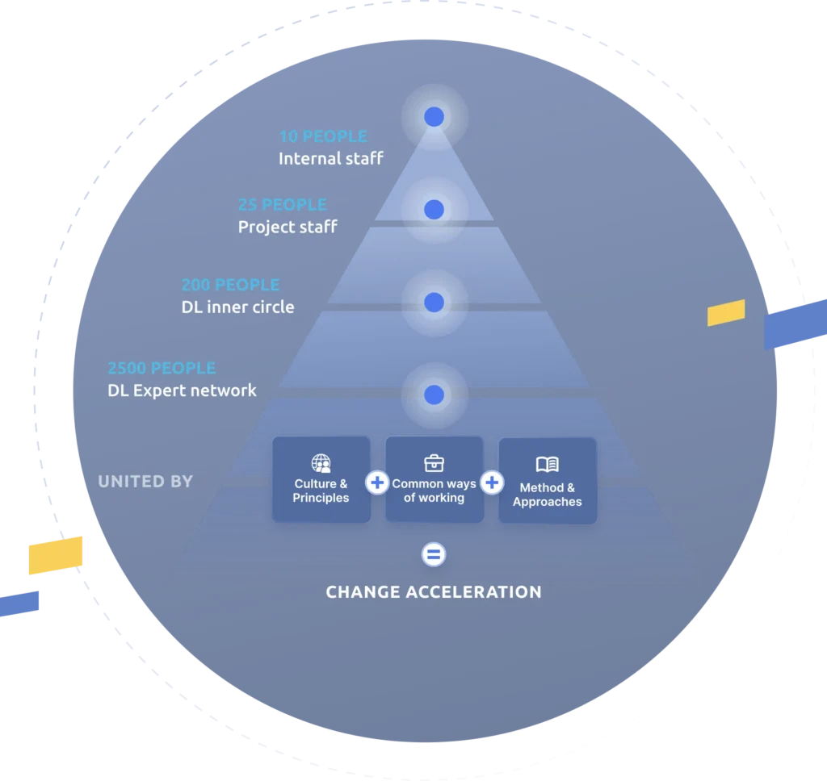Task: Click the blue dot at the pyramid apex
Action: pyautogui.click(x=434, y=117)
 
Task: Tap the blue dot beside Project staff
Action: pyautogui.click(x=434, y=210)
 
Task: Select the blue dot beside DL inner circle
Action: pyautogui.click(x=434, y=303)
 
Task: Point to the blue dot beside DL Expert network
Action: pyautogui.click(x=434, y=395)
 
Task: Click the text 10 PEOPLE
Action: pyautogui.click(x=323, y=136)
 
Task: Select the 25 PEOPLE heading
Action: pyautogui.click(x=282, y=205)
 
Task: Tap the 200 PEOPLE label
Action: pyautogui.click(x=230, y=285)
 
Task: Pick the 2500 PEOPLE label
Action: pyautogui.click(x=162, y=368)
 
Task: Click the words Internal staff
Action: pyautogui.click(x=331, y=159)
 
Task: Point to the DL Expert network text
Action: pyautogui.click(x=182, y=391)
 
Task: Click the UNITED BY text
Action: pyautogui.click(x=145, y=482)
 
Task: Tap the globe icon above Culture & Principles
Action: pyautogui.click(x=321, y=463)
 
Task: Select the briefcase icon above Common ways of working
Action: pyautogui.click(x=434, y=463)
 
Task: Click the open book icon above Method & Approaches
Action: pyautogui.click(x=548, y=465)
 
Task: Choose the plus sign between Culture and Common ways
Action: pyautogui.click(x=377, y=483)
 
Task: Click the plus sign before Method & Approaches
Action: pyautogui.click(x=492, y=483)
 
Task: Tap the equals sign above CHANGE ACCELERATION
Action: pyautogui.click(x=434, y=554)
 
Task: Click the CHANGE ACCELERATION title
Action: pyautogui.click(x=434, y=592)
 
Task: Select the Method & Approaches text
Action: pyautogui.click(x=548, y=495)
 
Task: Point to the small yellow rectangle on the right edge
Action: pyautogui.click(x=726, y=312)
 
